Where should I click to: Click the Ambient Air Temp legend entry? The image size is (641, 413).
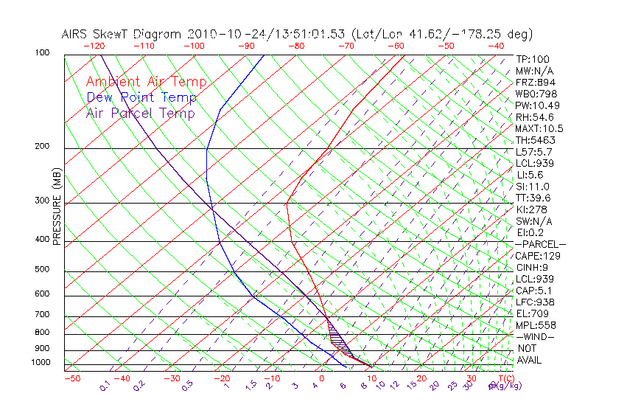[146, 82]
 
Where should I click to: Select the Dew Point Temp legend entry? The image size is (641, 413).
[141, 97]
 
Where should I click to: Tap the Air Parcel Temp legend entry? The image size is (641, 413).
[140, 113]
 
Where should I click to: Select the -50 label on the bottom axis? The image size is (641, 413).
[71, 378]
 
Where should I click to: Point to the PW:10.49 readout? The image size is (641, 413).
[534, 105]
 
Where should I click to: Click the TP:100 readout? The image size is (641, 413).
[532, 59]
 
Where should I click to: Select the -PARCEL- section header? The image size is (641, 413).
[540, 244]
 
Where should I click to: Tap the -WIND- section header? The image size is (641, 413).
[536, 336]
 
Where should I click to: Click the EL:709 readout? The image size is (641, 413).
[530, 313]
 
